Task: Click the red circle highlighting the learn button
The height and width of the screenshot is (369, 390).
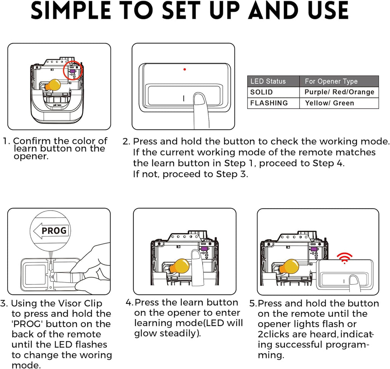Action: click(x=73, y=71)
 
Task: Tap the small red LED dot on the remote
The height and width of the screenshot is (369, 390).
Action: click(x=184, y=69)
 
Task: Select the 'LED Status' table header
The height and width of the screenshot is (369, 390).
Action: click(x=268, y=81)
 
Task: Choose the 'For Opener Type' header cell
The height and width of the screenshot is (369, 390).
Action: click(x=331, y=81)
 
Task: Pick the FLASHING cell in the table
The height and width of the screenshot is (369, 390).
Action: click(x=269, y=103)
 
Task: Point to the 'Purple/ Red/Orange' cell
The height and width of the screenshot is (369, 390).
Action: click(x=339, y=92)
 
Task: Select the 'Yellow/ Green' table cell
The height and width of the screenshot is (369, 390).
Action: click(x=329, y=103)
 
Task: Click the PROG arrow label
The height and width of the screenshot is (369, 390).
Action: click(x=50, y=230)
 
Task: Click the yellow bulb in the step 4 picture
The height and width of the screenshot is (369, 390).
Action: click(x=179, y=266)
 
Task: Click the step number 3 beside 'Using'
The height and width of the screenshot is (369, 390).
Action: click(x=5, y=304)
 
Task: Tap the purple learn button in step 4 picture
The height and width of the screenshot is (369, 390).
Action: click(x=204, y=249)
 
